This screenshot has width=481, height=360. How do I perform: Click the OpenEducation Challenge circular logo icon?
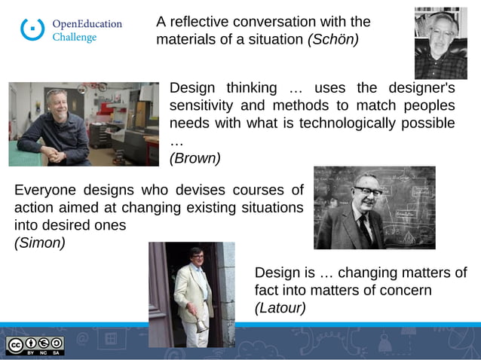click(x=32, y=29)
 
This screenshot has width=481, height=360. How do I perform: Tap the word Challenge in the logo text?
click(x=74, y=38)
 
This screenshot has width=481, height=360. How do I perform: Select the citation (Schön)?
click(x=333, y=38)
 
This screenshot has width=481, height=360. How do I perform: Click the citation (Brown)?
click(x=195, y=158)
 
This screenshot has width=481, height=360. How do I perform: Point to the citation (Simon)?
click(x=39, y=243)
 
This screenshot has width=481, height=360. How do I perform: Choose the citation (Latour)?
click(x=280, y=307)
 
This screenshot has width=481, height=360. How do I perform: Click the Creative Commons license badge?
click(x=35, y=345)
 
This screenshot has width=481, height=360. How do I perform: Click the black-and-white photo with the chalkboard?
click(x=374, y=207)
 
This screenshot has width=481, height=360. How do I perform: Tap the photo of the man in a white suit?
click(x=191, y=294)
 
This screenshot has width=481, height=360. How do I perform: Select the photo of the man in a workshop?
click(x=84, y=124)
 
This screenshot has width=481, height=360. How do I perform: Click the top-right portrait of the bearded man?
click(x=440, y=43)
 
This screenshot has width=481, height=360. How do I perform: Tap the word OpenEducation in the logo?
click(x=87, y=23)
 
